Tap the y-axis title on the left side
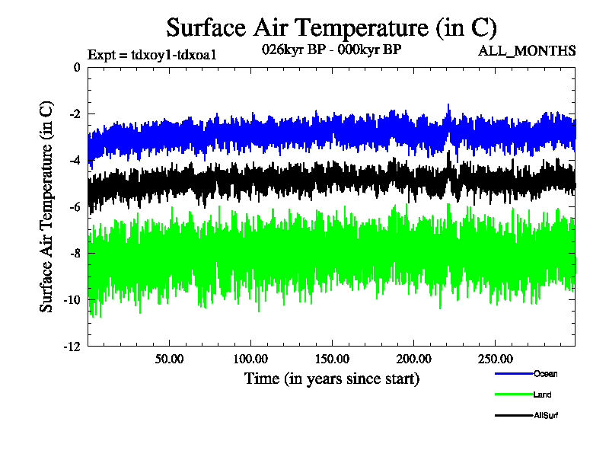[x=46, y=206]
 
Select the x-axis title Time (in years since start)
[x=331, y=378]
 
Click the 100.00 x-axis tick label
[x=250, y=358]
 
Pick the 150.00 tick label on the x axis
[x=332, y=358]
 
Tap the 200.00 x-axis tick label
[x=413, y=358]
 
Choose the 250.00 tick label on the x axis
[x=495, y=358]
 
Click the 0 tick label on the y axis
[x=76, y=68]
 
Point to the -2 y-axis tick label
[x=74, y=114]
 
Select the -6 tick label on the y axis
[x=74, y=207]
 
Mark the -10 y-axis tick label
[x=72, y=300]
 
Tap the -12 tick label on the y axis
[x=72, y=347]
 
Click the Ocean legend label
[x=545, y=373]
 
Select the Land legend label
[x=542, y=395]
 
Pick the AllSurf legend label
[x=546, y=415]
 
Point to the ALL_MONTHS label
[x=526, y=51]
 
